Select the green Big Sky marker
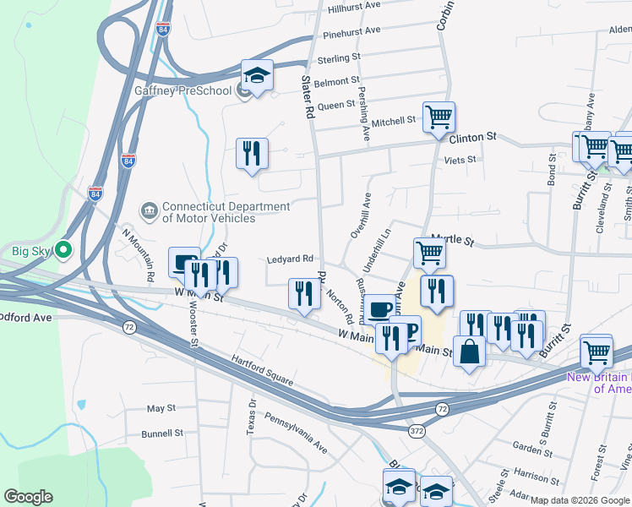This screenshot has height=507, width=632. (x=63, y=250)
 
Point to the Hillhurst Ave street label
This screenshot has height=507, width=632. (x=355, y=6)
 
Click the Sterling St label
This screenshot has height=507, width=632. (x=339, y=59)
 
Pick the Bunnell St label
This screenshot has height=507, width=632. (x=162, y=433)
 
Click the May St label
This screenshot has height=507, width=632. (x=161, y=408)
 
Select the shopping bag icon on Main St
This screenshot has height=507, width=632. (x=470, y=350)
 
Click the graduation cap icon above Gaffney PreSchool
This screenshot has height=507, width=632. (x=258, y=74)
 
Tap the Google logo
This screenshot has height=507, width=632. (x=28, y=497)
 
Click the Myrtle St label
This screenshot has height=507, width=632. (x=454, y=240)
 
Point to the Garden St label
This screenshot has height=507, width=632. (x=532, y=448)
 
